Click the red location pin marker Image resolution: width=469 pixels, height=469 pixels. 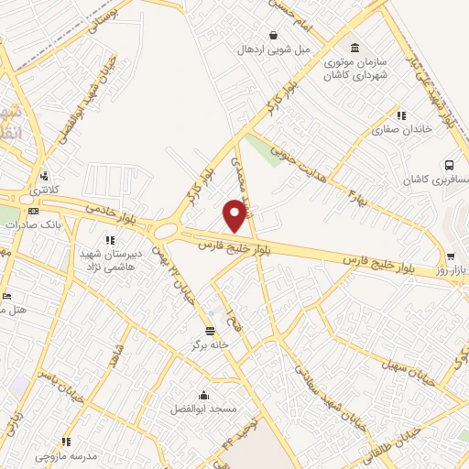click(x=235, y=215)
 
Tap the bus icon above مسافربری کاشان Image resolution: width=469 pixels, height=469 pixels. click(x=449, y=165)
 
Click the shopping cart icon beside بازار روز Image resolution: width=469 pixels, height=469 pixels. click(x=451, y=257)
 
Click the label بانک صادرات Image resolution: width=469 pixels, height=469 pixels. click(x=43, y=222)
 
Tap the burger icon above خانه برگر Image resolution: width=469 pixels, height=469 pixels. click(x=211, y=330)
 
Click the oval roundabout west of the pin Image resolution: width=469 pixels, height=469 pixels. click(x=167, y=230)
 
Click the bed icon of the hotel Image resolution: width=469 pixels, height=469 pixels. click(x=6, y=296)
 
